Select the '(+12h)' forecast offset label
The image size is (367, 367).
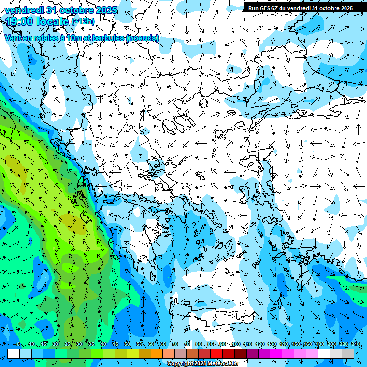(x=83, y=21)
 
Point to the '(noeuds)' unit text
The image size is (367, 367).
(x=142, y=38)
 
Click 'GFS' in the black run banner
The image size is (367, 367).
(x=263, y=8)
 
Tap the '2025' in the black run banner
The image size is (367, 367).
(x=344, y=8)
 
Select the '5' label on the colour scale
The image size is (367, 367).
(x=18, y=344)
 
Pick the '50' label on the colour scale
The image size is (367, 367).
(x=127, y=344)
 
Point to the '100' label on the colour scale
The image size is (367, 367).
(x=236, y=344)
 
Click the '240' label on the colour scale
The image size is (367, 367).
(x=356, y=344)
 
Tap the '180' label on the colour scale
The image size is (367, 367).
(x=320, y=344)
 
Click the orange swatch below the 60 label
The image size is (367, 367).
(x=157, y=354)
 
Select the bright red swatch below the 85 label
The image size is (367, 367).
(x=216, y=354)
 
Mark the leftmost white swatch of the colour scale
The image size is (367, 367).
(x=13, y=354)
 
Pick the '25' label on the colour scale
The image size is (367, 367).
(x=67, y=344)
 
